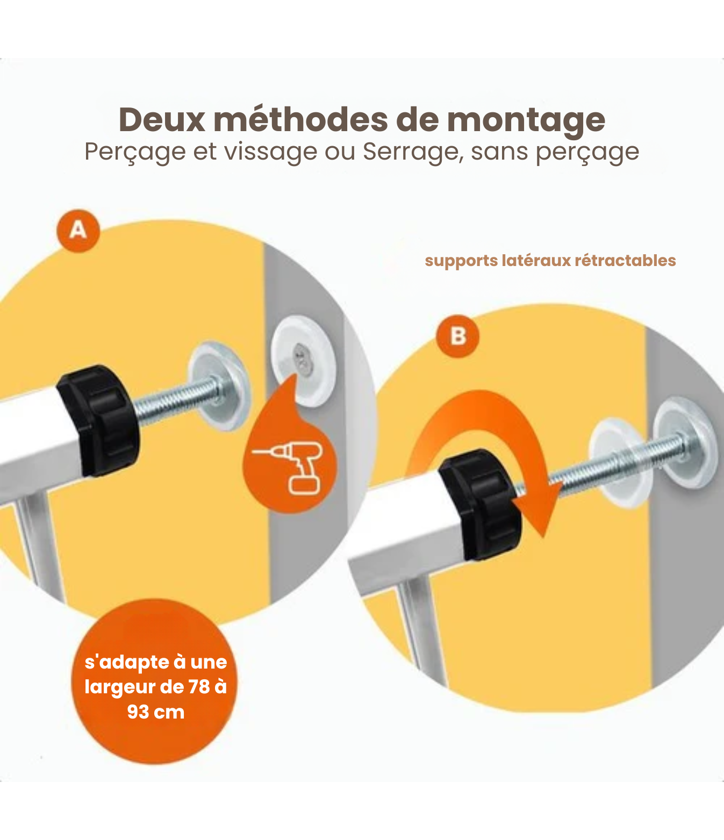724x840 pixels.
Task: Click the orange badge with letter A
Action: (x=78, y=231)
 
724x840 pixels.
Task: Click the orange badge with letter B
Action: (x=457, y=336)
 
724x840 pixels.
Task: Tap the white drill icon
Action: (x=290, y=468)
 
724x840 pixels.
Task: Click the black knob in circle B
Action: (x=480, y=504)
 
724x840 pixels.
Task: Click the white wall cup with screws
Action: (x=303, y=361)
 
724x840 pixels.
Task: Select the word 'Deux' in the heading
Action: (x=162, y=120)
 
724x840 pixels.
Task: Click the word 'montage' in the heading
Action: (x=526, y=121)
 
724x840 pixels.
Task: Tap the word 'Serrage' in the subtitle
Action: (x=413, y=152)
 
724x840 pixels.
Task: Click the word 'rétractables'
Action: (x=625, y=261)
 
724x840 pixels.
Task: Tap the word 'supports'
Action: (x=461, y=261)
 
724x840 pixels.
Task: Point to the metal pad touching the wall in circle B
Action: (x=685, y=442)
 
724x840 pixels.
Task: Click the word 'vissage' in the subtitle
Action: (x=270, y=152)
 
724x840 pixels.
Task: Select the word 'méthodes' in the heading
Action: (x=300, y=120)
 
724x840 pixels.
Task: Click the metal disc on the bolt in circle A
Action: (x=219, y=386)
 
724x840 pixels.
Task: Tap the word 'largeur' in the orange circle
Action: (x=120, y=687)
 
